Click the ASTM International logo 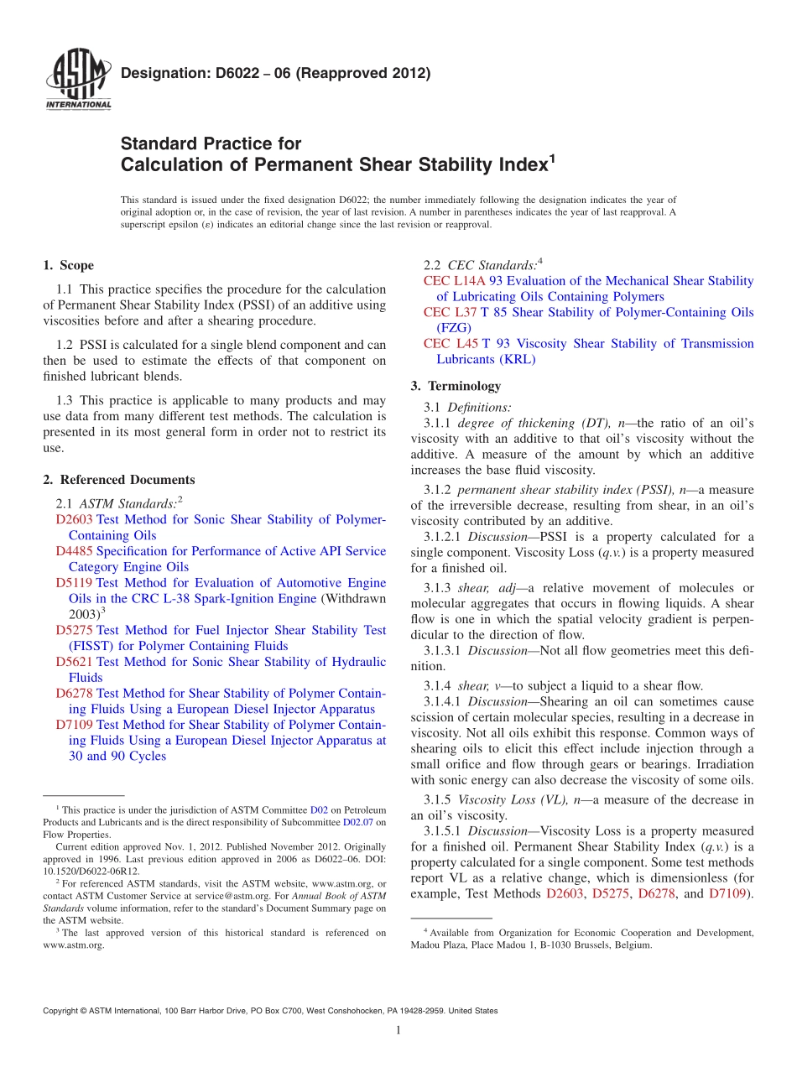click(78, 81)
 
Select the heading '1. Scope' click(68, 266)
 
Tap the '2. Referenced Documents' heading click(118, 480)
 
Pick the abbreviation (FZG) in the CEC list click(454, 328)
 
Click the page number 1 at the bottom click(398, 1030)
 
